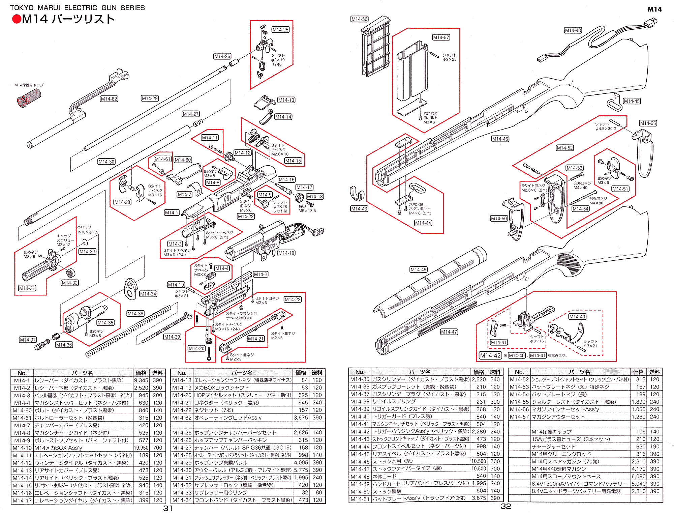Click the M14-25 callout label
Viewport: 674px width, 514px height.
pos(280,30)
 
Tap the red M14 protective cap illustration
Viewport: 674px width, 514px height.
pos(29,98)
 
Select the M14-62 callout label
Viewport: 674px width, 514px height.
pos(109,99)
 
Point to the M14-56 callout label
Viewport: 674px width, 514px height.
pos(359,19)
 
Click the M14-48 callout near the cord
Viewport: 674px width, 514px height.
pos(573,30)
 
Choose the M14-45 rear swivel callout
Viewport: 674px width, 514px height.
pos(632,101)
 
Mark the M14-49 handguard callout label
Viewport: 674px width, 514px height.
pos(419,269)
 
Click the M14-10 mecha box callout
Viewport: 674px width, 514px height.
pos(286,253)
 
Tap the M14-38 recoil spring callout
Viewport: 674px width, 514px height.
pos(135,314)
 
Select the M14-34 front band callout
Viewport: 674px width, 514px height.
pos(148,294)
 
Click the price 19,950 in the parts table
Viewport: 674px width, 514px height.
pos(141,448)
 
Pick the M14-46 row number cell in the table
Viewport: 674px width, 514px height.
pos(360,461)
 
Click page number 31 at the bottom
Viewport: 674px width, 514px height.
pos(168,508)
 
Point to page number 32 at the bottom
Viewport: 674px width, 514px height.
pos(506,506)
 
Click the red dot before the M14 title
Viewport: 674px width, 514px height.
pos(17,19)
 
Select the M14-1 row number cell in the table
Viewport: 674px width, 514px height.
pos(22,380)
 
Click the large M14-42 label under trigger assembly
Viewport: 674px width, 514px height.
pos(490,355)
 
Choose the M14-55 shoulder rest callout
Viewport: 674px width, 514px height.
pos(648,123)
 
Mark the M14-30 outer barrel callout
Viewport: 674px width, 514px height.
pos(106,162)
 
